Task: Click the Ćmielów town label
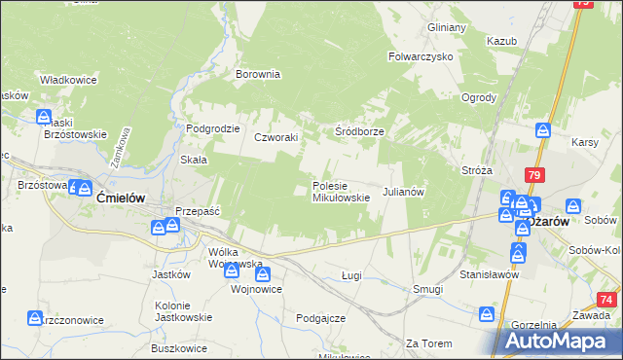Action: [x=122, y=197]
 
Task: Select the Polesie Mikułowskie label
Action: [x=340, y=191]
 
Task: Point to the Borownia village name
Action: [x=258, y=73]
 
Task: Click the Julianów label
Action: [x=403, y=192]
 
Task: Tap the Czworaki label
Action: [x=275, y=138]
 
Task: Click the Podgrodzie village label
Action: [x=212, y=128]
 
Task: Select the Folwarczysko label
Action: [x=421, y=56]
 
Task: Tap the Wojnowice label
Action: [x=256, y=289]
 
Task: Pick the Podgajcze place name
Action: [x=321, y=318]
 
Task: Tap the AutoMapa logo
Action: [x=561, y=341]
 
